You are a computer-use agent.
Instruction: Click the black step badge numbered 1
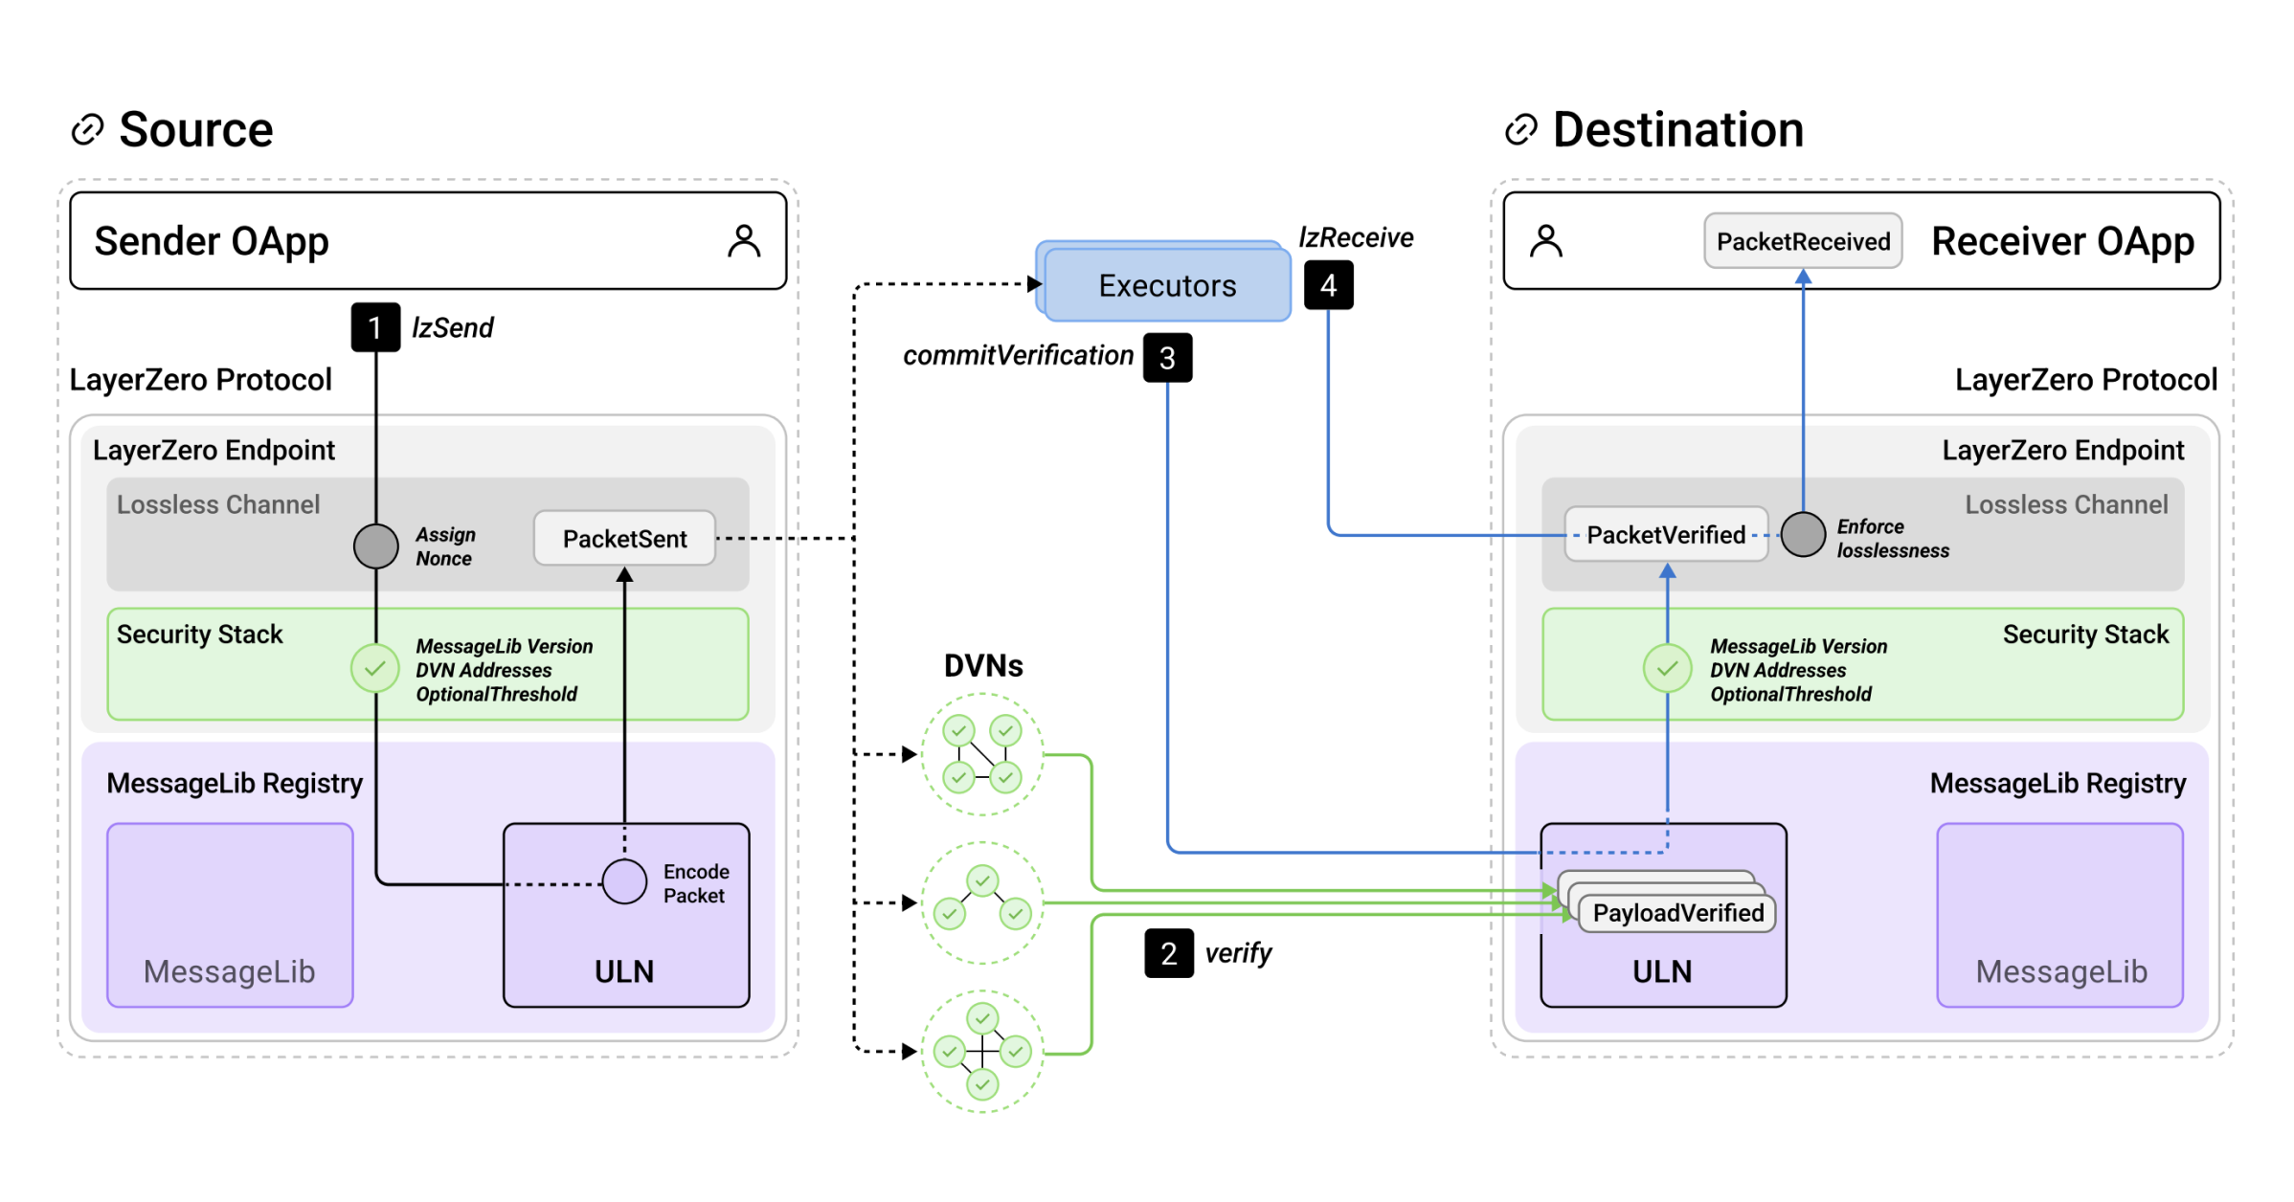(x=375, y=327)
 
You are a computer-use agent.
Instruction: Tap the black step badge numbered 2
(x=1168, y=953)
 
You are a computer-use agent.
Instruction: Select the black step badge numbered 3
(x=1167, y=358)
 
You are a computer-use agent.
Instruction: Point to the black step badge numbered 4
(x=1328, y=285)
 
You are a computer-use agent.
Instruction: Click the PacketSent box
(x=624, y=539)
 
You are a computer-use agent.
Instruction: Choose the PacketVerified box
(x=1666, y=535)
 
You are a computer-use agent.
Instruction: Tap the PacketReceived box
(x=1803, y=241)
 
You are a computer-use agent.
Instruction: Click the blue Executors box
(x=1166, y=285)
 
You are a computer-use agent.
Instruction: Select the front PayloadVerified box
(x=1677, y=913)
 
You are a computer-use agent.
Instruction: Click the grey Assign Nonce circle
(x=376, y=546)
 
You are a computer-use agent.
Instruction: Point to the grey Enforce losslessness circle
(x=1803, y=535)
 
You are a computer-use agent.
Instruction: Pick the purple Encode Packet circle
(x=624, y=882)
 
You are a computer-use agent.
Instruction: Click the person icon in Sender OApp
(x=744, y=241)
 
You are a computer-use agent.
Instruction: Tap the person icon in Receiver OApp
(x=1546, y=241)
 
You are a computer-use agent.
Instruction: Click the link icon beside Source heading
(x=88, y=130)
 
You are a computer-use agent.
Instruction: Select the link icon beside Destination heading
(x=1521, y=130)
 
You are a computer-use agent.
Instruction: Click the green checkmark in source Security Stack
(x=375, y=668)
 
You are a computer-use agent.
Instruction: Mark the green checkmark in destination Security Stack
(x=1667, y=668)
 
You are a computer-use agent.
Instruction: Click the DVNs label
(x=983, y=665)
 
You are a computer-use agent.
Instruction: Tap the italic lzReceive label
(x=1356, y=237)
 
